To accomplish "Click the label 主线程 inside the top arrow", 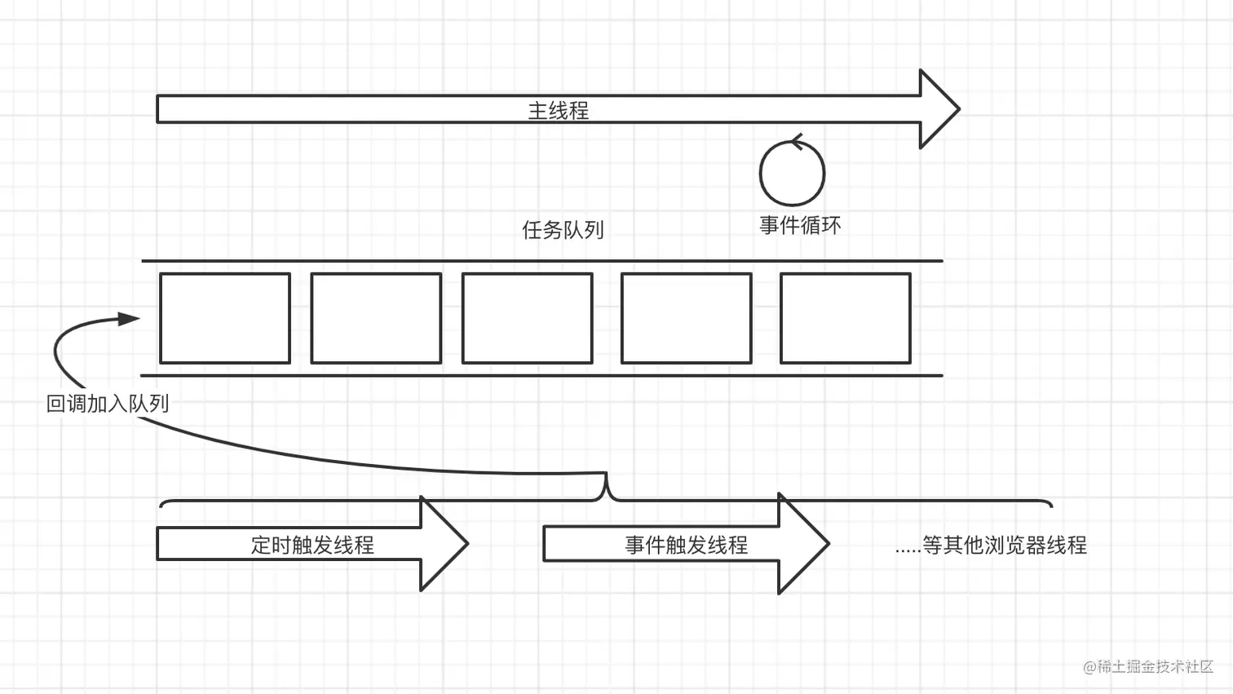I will pos(558,110).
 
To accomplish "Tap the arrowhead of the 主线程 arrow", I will pos(939,109).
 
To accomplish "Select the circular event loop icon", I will pos(792,173).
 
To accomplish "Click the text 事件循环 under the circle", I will pos(800,225).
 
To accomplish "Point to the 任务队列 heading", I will pos(563,230).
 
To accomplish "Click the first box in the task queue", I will pos(225,318).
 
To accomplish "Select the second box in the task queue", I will pos(376,318).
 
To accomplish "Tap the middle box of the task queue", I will pos(527,318).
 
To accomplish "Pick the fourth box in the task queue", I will pos(686,318).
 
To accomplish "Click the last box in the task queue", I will pos(845,318).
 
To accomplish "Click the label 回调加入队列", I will pos(108,404).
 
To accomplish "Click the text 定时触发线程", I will pos(312,545).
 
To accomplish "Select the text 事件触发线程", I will pos(686,545).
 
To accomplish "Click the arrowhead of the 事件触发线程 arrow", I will pos(802,544).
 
